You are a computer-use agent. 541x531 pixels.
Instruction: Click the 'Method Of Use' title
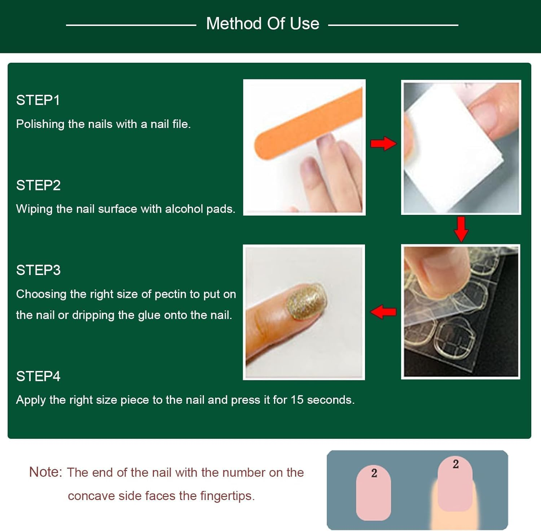coord(263,24)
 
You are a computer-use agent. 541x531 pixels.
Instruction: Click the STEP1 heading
coord(38,100)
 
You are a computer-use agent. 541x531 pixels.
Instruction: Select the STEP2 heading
coord(38,185)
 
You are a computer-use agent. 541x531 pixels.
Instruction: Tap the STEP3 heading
coord(38,270)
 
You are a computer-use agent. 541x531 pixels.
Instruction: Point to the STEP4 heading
coord(38,376)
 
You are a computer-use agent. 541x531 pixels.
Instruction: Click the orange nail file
coord(307,123)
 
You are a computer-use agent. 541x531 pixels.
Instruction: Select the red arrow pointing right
coord(383,143)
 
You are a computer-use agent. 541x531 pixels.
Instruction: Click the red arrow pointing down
coord(461,229)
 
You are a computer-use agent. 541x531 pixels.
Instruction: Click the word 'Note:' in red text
coord(45,472)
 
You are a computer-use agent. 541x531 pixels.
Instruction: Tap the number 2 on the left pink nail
coord(374,473)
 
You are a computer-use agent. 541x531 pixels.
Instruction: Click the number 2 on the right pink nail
coord(456,464)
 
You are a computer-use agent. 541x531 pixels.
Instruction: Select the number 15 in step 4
coord(297,400)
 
